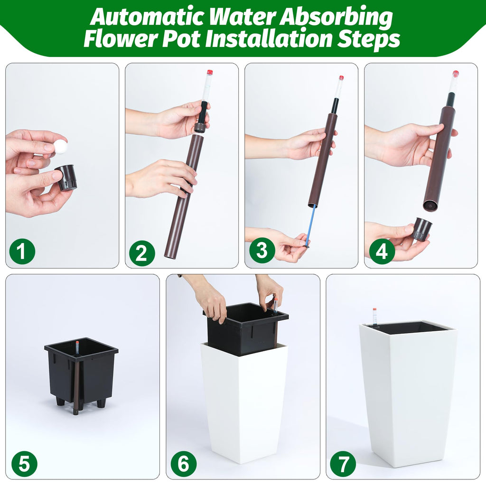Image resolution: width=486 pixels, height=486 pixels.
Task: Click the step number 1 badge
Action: pos(22,251)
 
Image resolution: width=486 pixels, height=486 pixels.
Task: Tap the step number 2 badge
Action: pos(142,253)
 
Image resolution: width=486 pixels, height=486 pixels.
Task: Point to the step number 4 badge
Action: pos(382,251)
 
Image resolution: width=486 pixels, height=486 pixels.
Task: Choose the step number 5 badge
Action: pos(25,464)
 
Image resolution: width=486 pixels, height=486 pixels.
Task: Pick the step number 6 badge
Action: pos(184,464)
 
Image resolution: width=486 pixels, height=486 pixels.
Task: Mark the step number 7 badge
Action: pos(343,464)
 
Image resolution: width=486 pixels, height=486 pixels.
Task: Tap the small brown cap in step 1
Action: pos(66,178)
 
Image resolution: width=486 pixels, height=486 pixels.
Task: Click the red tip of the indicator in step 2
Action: pos(209,72)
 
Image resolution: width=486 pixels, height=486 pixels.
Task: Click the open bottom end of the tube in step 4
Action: pos(430,206)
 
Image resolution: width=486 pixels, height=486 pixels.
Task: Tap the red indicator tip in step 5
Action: pos(77,343)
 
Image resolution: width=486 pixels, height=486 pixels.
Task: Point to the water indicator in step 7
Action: pos(374,317)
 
